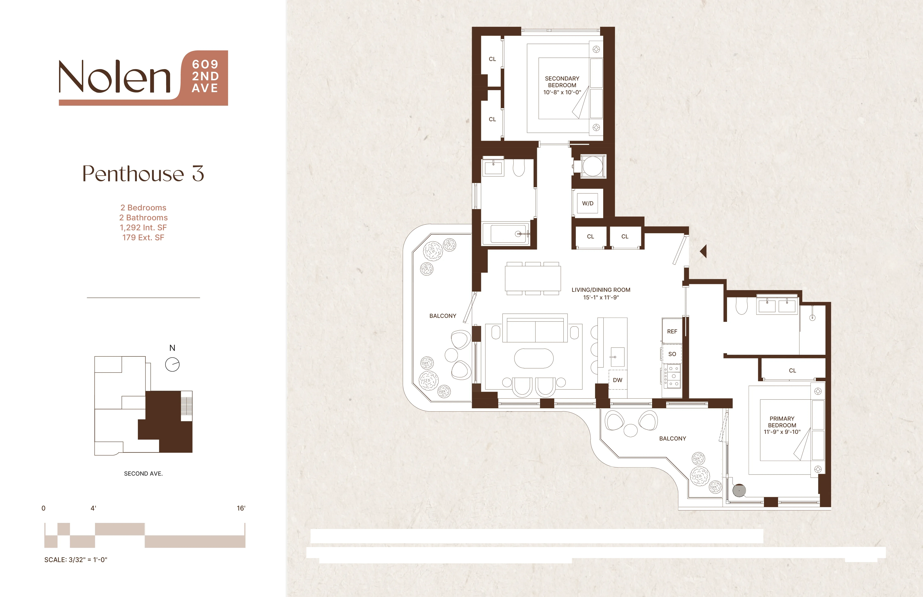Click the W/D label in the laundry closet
[587, 203]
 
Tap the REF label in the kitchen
[672, 331]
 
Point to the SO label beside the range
[672, 354]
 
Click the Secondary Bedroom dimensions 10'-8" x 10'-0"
[562, 92]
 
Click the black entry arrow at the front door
[703, 251]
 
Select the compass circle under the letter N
[172, 364]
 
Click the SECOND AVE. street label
[143, 473]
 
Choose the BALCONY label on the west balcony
[442, 316]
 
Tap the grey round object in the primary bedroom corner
[739, 490]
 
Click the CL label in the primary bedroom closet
[792, 371]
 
